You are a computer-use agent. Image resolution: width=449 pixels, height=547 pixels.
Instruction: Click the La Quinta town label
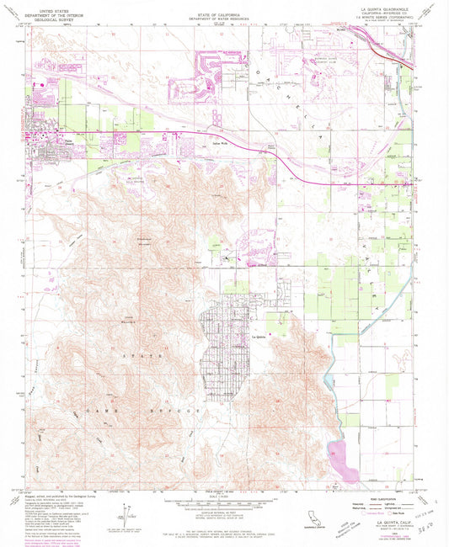(259, 337)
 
